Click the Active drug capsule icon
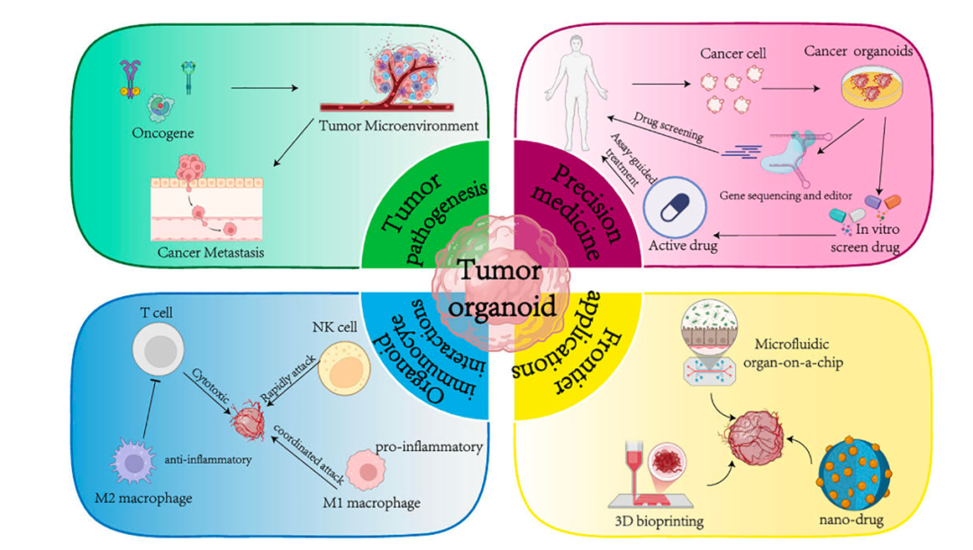675,209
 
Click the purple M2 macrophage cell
138,458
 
